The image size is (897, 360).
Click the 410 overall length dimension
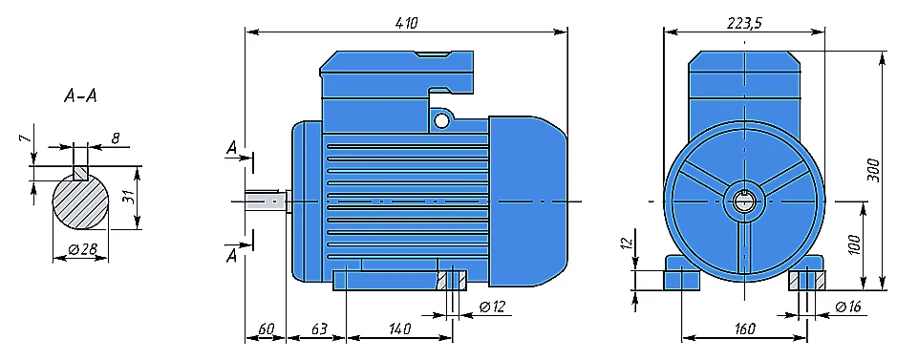407,23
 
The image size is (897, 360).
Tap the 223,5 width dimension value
744,22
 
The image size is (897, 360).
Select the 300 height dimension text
873,169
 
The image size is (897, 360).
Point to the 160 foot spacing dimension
744,329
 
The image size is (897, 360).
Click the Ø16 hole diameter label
847,307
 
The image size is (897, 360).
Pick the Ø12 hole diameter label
493,307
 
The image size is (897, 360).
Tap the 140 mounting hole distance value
399,329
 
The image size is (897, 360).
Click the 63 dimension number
319,329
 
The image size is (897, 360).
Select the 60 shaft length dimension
267,329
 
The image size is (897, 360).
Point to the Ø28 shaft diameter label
81,250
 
